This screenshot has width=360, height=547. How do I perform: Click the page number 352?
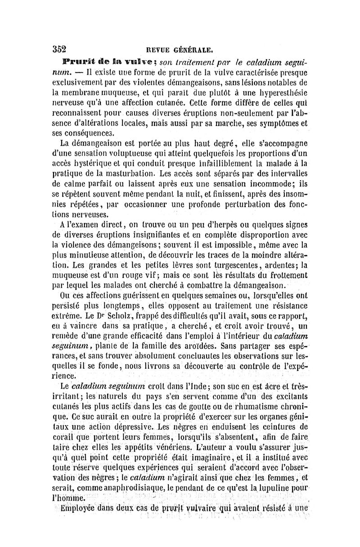coord(59,50)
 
